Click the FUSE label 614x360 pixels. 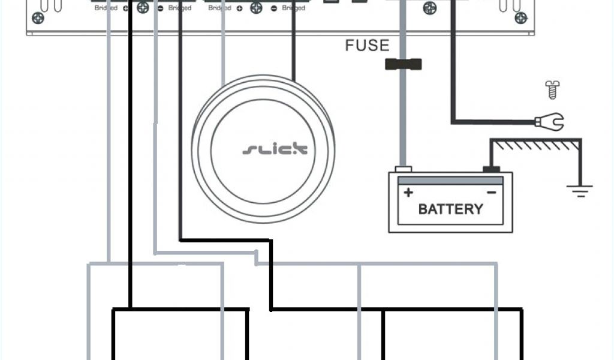[x=367, y=46]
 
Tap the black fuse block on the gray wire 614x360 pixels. [x=403, y=64]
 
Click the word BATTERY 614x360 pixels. [x=450, y=209]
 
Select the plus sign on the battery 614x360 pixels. [x=408, y=193]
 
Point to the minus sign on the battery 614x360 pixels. [x=491, y=192]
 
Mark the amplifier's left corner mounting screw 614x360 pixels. [x=38, y=18]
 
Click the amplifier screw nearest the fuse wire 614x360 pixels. [x=430, y=8]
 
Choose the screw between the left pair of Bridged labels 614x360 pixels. [x=143, y=8]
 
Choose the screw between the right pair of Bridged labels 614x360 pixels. [x=256, y=8]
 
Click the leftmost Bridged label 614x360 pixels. [x=106, y=9]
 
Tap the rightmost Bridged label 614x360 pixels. [x=293, y=9]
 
